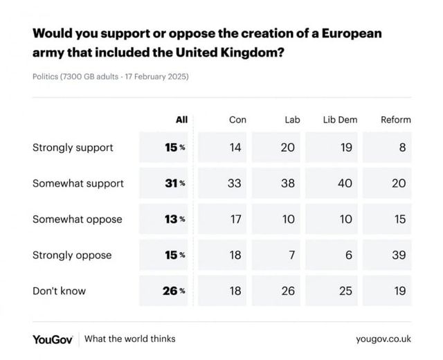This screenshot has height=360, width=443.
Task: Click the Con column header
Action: pos(237,120)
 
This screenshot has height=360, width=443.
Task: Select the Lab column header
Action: pos(293,120)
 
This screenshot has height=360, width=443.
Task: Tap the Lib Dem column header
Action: pos(340,120)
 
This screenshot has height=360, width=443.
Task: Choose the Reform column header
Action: pos(396,120)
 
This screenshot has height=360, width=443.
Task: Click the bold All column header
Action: pos(181,120)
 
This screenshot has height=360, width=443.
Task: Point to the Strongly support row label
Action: pos(73,147)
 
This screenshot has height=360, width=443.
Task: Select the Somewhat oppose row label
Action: pos(77,219)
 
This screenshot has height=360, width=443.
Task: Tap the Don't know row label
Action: pos(60,291)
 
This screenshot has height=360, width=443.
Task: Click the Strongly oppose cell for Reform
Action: pos(399,255)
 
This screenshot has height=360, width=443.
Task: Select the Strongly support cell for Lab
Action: pos(288,147)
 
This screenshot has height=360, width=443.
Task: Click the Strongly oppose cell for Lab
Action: pos(291,255)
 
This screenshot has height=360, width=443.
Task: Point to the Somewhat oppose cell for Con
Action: pos(235,219)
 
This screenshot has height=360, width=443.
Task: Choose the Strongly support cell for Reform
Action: pos(402,147)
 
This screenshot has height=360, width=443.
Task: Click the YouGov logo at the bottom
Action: pos(53,339)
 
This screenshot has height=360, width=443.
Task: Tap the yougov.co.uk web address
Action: pos(383,339)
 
